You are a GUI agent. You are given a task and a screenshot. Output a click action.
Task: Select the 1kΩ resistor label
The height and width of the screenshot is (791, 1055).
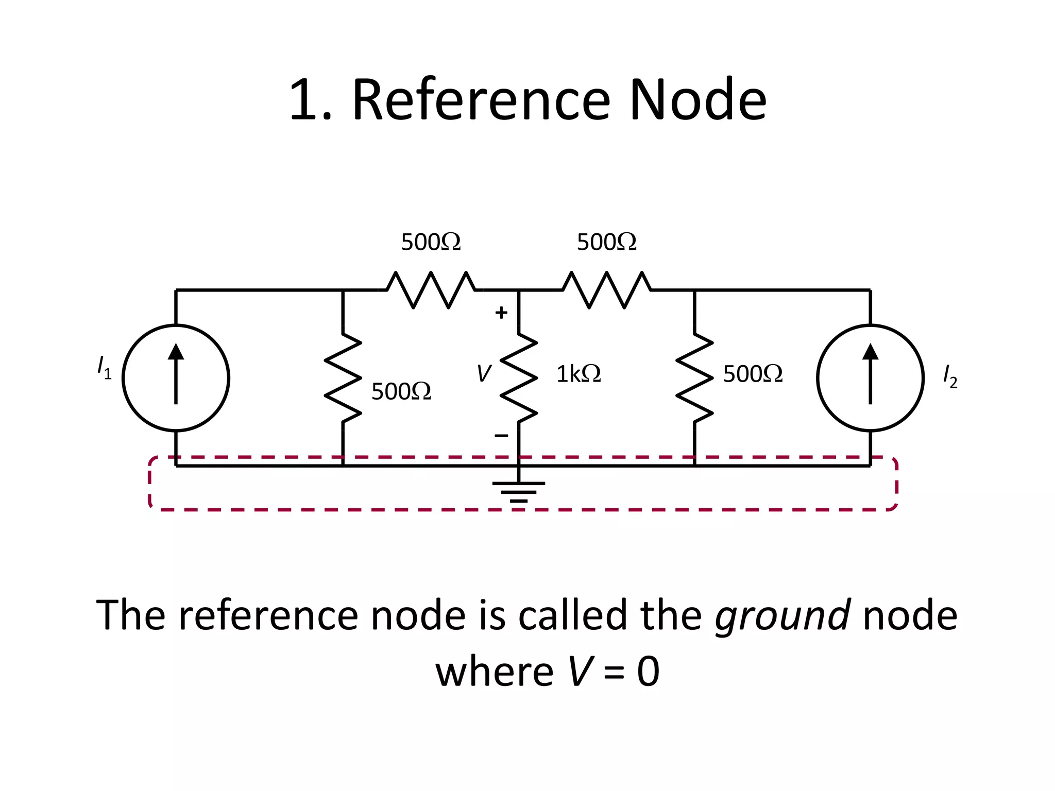pyautogui.click(x=578, y=374)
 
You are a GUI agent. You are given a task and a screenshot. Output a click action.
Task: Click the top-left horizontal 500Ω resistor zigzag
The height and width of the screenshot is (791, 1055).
pyautogui.click(x=431, y=290)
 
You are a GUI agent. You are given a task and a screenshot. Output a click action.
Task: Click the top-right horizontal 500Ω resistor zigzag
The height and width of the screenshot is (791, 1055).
pyautogui.click(x=607, y=290)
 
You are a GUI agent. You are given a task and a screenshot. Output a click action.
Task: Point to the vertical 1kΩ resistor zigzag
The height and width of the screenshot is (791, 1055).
pyautogui.click(x=519, y=378)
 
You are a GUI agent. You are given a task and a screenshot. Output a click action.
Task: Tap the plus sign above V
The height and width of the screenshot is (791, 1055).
pyautogui.click(x=501, y=313)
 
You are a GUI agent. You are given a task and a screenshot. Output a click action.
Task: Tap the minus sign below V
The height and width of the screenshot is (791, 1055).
pyautogui.click(x=501, y=436)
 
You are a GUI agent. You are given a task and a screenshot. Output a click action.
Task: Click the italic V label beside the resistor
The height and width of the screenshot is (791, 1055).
pyautogui.click(x=484, y=373)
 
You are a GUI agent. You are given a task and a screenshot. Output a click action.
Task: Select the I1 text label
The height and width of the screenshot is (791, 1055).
pyautogui.click(x=104, y=367)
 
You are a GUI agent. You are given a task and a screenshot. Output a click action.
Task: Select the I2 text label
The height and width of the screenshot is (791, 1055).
pyautogui.click(x=950, y=376)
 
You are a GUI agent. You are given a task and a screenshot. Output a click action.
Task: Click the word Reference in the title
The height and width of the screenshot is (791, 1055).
pyautogui.click(x=481, y=100)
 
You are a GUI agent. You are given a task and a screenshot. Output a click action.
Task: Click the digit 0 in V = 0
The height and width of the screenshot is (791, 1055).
pyautogui.click(x=648, y=672)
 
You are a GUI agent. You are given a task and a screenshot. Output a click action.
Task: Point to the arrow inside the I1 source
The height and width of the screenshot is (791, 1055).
pyautogui.click(x=176, y=374)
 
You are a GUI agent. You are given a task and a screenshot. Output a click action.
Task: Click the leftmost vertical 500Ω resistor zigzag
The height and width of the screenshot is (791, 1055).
pyautogui.click(x=343, y=378)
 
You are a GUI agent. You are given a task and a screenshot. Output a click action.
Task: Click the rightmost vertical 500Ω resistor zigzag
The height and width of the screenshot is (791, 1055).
pyautogui.click(x=694, y=378)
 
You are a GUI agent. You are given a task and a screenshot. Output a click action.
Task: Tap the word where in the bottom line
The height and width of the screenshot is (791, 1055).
pyautogui.click(x=494, y=672)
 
